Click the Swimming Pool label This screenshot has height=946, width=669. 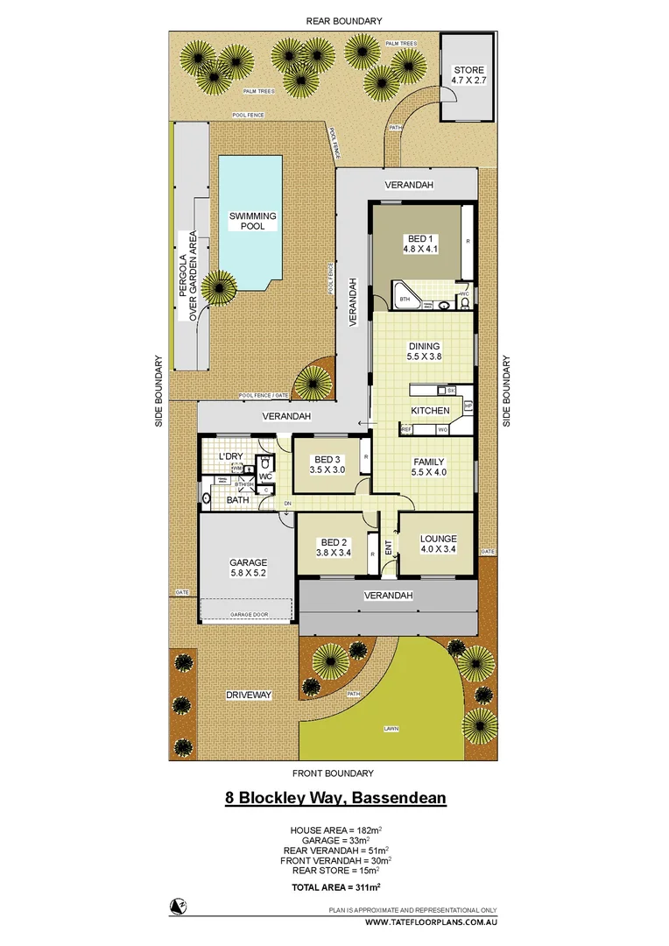(x=252, y=221)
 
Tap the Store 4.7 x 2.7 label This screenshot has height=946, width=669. (x=468, y=75)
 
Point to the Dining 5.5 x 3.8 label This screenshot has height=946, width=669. (x=424, y=351)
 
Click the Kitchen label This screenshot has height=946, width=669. (x=430, y=410)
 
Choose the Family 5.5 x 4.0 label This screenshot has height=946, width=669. (x=429, y=468)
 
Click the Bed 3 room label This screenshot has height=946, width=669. (x=327, y=464)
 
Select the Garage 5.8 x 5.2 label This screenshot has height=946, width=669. (x=248, y=568)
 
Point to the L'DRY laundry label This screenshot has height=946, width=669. (x=229, y=456)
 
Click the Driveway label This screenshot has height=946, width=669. (x=249, y=695)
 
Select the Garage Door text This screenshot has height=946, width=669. (x=248, y=615)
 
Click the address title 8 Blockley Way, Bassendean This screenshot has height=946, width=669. (x=336, y=798)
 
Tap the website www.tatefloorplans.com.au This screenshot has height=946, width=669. (x=431, y=922)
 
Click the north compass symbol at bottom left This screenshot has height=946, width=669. (x=178, y=906)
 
